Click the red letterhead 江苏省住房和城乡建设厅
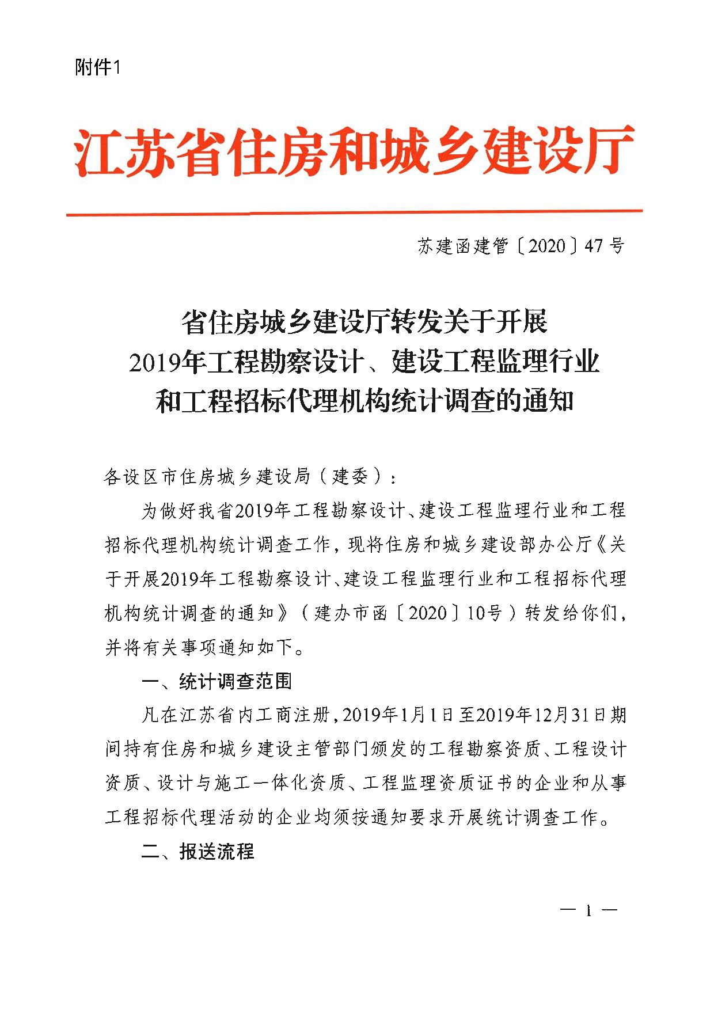pyautogui.click(x=355, y=151)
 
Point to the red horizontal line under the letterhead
pyautogui.click(x=355, y=213)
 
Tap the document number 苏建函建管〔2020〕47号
pyautogui.click(x=521, y=246)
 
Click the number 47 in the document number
pyautogui.click(x=594, y=246)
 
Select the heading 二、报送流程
pyautogui.click(x=198, y=851)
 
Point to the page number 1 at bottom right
pyautogui.click(x=588, y=911)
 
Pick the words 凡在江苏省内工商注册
pyautogui.click(x=236, y=715)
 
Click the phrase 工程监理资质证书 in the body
pyautogui.click(x=438, y=783)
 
